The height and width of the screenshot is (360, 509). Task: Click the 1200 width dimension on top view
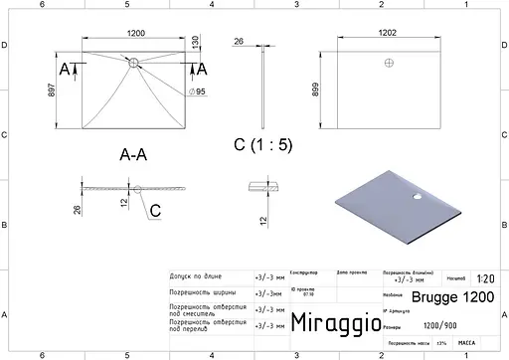click(x=133, y=31)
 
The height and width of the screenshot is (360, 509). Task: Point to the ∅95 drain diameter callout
click(x=197, y=91)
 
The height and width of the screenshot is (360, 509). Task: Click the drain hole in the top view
click(x=134, y=65)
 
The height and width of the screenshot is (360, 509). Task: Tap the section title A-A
click(x=134, y=155)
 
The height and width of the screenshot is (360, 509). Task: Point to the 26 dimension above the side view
click(x=239, y=41)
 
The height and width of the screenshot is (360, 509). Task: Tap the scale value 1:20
click(x=485, y=280)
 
